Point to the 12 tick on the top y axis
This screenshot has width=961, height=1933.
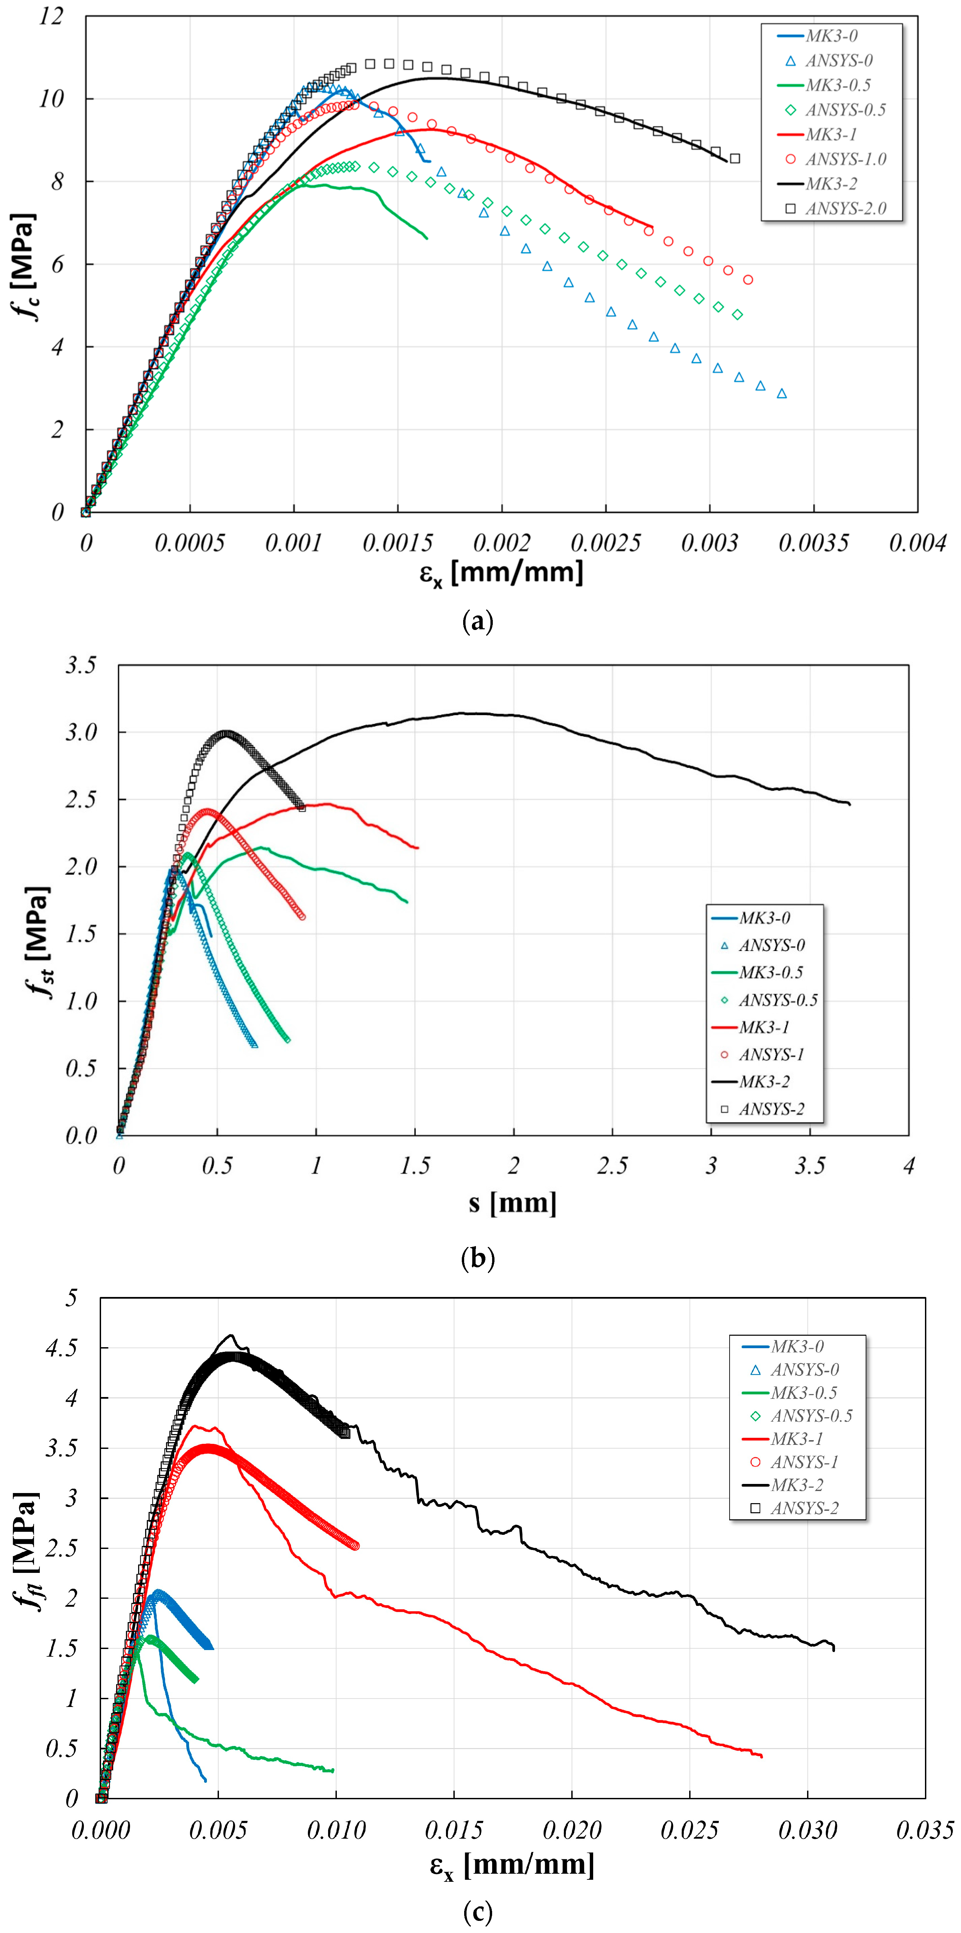(x=51, y=16)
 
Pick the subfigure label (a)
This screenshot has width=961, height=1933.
(x=479, y=621)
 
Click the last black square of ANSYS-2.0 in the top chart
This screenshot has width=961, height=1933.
(x=735, y=158)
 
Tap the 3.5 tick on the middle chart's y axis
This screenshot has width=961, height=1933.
(x=81, y=665)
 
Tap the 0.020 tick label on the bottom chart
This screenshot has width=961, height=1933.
(x=572, y=1830)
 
